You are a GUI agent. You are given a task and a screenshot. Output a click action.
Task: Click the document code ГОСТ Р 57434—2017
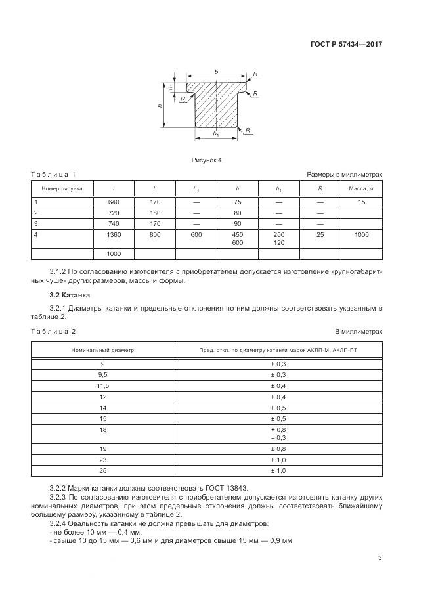point(346,44)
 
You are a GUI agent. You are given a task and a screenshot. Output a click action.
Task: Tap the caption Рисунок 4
point(207,160)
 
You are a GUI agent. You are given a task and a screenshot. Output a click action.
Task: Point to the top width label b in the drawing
point(216,71)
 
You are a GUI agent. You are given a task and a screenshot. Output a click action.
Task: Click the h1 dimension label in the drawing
point(170,87)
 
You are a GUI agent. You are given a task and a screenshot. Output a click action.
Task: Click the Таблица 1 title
point(53,174)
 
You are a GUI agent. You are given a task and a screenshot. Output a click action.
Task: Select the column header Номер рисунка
point(62,188)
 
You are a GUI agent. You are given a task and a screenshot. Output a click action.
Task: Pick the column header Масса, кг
point(361,188)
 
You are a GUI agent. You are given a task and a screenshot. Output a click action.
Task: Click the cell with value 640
point(114,202)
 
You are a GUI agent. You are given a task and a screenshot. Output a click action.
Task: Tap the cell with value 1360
point(114,234)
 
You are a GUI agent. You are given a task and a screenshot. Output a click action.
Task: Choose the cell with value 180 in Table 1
point(155,213)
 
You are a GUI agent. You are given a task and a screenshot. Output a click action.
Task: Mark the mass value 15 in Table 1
point(361,202)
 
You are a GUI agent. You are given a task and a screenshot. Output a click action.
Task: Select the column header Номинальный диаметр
point(102,350)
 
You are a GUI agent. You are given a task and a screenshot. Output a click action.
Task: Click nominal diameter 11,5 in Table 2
point(102,385)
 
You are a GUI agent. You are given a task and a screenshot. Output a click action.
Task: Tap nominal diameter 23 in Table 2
point(102,460)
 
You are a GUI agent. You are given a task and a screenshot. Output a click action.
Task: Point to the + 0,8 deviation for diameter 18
point(278,429)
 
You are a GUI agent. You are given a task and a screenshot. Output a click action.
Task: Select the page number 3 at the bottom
point(380,558)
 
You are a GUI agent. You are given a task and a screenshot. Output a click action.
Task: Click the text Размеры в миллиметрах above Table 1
point(344,174)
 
